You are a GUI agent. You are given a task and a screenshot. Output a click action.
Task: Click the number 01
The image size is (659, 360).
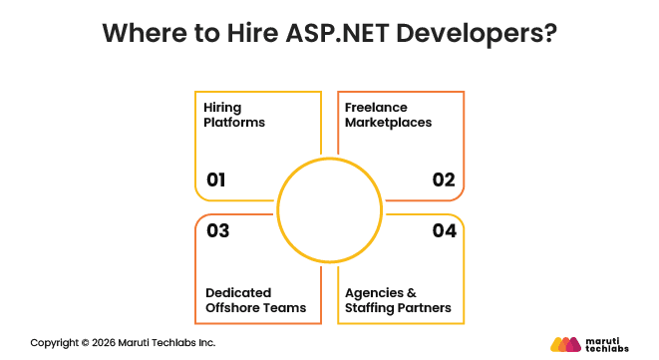(216, 180)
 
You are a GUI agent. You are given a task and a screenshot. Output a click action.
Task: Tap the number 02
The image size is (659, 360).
(444, 180)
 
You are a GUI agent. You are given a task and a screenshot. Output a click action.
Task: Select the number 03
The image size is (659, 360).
(217, 231)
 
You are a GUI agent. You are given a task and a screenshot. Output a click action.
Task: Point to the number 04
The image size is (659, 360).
(444, 231)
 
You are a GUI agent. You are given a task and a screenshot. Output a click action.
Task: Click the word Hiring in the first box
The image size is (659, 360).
(222, 106)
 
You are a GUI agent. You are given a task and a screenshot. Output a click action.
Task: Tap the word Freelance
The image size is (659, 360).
(377, 106)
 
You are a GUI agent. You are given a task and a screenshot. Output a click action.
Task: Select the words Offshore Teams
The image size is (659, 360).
(255, 308)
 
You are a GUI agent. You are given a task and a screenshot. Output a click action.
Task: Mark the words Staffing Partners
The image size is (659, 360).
(397, 308)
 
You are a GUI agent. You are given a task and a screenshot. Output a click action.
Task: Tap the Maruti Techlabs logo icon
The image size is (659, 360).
(565, 344)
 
